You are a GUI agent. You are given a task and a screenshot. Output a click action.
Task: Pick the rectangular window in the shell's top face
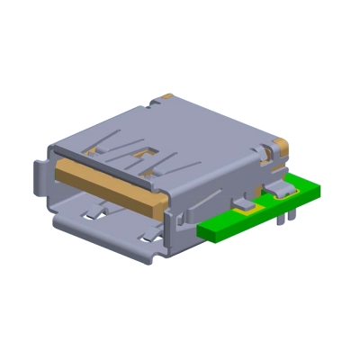[142, 158]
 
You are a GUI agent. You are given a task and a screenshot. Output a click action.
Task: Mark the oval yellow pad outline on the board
[286, 193]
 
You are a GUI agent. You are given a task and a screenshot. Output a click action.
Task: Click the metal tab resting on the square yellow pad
[245, 204]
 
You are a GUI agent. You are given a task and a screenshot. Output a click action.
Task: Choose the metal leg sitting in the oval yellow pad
[286, 191]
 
